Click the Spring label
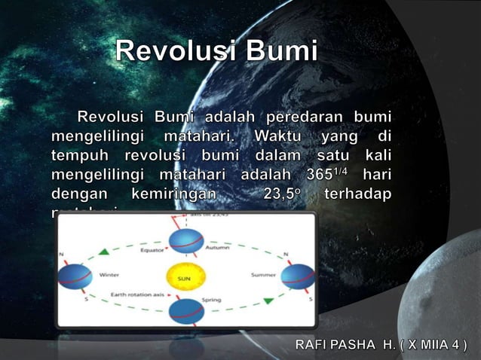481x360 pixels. click(x=211, y=301)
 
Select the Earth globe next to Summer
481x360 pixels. click(x=298, y=276)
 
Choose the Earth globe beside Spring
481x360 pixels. click(x=185, y=310)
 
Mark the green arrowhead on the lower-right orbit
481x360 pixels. click(x=268, y=301)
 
